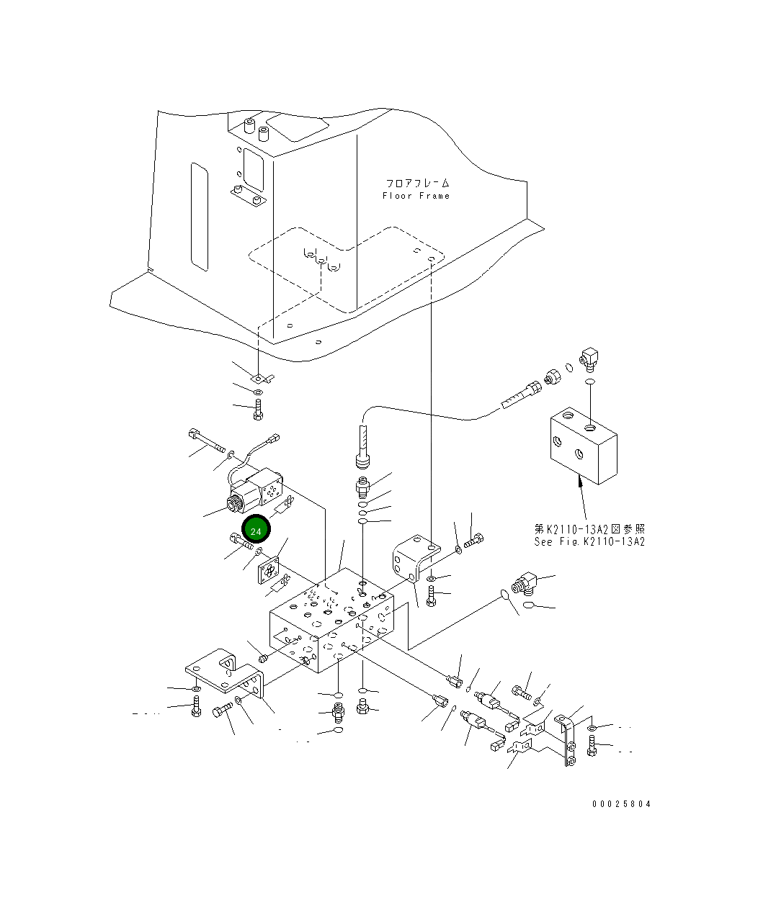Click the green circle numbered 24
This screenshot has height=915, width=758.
click(255, 530)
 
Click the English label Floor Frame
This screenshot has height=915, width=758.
click(416, 196)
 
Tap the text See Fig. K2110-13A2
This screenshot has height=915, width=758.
click(589, 542)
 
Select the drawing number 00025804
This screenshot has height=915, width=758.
click(621, 804)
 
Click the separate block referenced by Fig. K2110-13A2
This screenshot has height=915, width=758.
click(583, 446)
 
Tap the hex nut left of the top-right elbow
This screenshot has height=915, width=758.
click(553, 376)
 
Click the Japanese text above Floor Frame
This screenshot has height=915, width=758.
click(416, 184)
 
